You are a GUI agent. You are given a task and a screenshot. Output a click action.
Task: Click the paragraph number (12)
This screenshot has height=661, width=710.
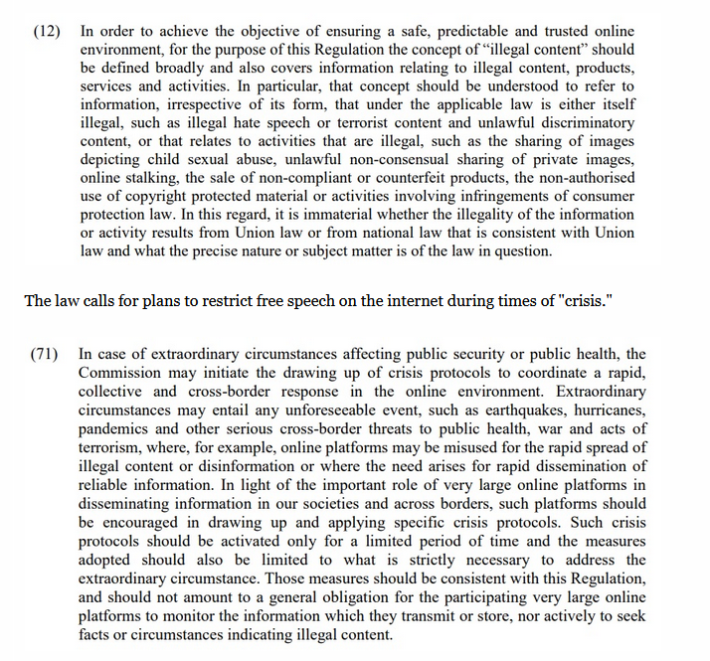tap(48, 32)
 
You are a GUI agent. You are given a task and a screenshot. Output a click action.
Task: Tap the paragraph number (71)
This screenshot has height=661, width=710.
tap(48, 355)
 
